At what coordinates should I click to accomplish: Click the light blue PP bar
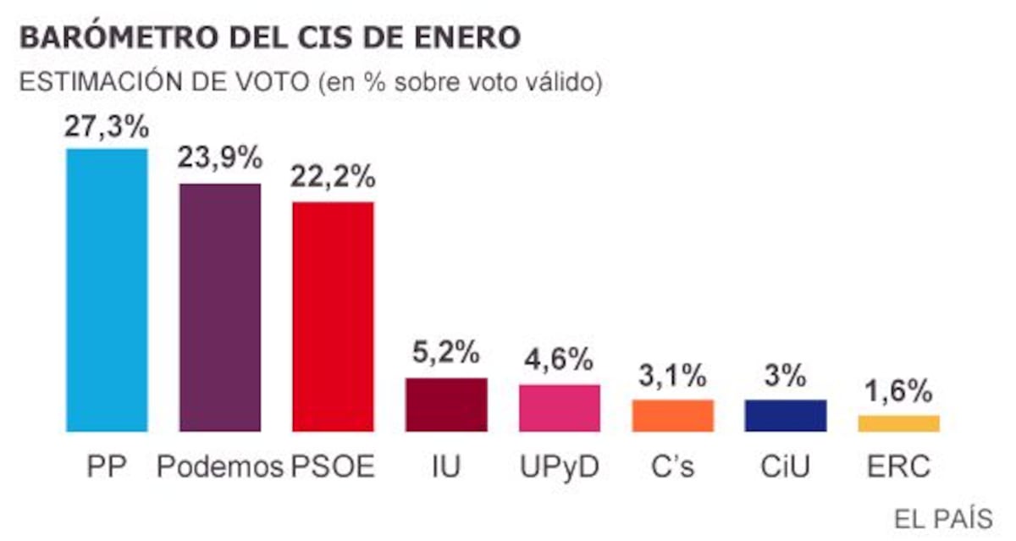(107, 290)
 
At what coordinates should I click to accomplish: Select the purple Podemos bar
(220, 307)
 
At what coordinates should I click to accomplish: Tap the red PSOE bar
(333, 317)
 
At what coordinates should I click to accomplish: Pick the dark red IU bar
(446, 405)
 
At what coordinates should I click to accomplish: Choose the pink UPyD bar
(560, 408)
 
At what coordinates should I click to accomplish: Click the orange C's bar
(673, 416)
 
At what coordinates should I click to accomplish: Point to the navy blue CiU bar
(786, 416)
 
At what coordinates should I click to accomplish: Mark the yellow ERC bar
(899, 423)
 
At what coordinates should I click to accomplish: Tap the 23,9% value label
(220, 158)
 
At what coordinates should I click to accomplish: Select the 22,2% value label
(333, 178)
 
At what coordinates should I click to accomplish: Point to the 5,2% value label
(446, 351)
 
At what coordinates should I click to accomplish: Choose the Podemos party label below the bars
(220, 466)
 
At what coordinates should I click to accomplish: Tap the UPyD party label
(560, 466)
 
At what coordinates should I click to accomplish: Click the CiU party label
(786, 466)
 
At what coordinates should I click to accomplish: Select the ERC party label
(899, 466)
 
